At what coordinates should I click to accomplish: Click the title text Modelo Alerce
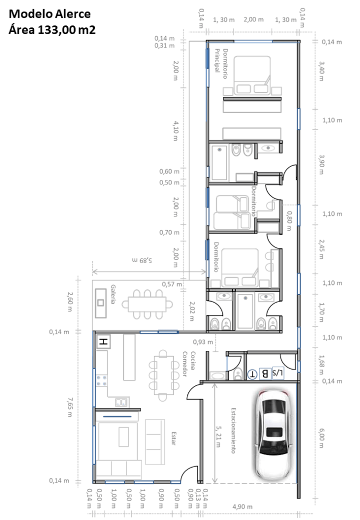click(50, 14)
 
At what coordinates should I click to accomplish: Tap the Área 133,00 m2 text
click(52, 29)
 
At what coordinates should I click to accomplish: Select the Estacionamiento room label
click(234, 431)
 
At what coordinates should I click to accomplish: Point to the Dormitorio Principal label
click(221, 63)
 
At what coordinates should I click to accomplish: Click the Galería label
click(113, 294)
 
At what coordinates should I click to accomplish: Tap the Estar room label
click(174, 438)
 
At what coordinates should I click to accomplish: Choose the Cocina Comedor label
click(189, 364)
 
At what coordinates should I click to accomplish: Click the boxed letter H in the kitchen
click(104, 341)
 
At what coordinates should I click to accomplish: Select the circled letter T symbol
click(252, 374)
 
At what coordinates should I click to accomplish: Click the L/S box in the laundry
click(278, 373)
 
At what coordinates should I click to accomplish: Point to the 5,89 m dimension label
click(142, 261)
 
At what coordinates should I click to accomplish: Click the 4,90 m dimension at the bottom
click(242, 506)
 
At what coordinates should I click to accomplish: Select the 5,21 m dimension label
click(218, 436)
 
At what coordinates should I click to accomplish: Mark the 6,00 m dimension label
click(321, 438)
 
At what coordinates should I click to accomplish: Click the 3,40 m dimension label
click(321, 71)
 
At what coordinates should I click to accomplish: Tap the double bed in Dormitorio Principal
click(252, 75)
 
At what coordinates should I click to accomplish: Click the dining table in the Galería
click(147, 305)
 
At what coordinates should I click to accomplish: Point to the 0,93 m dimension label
click(203, 342)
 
